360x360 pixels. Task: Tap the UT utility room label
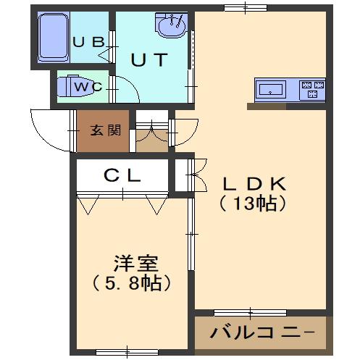[151, 60]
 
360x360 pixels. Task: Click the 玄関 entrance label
[105, 130]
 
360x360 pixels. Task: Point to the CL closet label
[122, 175]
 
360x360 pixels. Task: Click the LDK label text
[254, 184]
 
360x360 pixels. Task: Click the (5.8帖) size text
[133, 282]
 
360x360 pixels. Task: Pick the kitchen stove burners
[313, 90]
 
